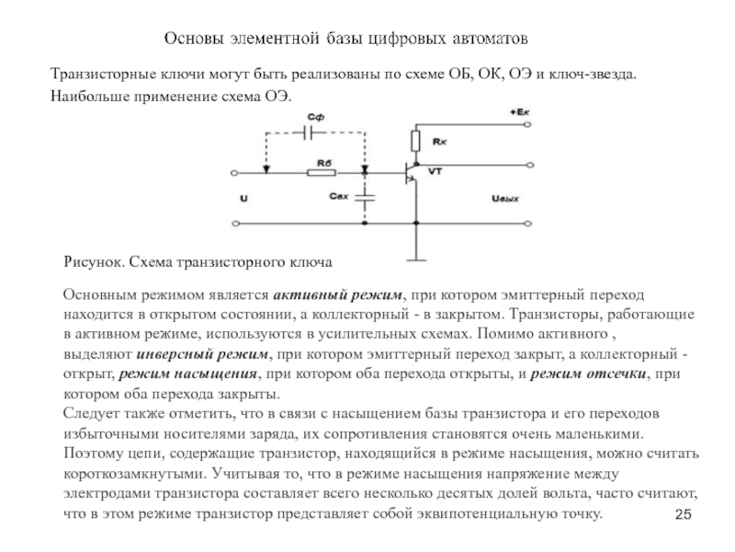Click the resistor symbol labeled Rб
pyautogui.click(x=322, y=172)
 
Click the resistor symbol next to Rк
pyautogui.click(x=414, y=142)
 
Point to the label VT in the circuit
pyautogui.click(x=435, y=172)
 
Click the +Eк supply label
pyautogui.click(x=519, y=111)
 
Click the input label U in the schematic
pyautogui.click(x=243, y=198)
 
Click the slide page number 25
pyautogui.click(x=682, y=514)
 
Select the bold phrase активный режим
pyautogui.click(x=338, y=293)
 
